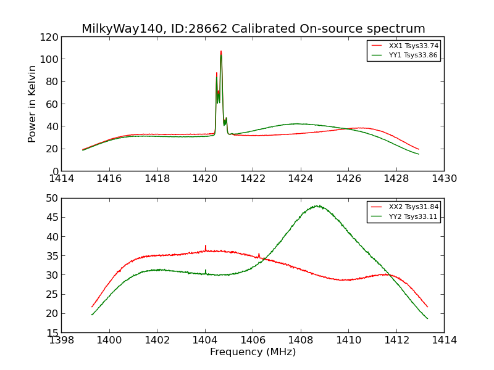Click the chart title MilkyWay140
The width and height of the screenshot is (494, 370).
pyautogui.click(x=253, y=29)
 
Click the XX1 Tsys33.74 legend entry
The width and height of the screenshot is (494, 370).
pyautogui.click(x=413, y=46)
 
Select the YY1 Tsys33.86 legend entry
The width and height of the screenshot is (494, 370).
pyautogui.click(x=413, y=55)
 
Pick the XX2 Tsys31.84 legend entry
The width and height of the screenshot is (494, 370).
pyautogui.click(x=413, y=207)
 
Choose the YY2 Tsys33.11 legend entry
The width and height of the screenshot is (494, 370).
pyautogui.click(x=413, y=216)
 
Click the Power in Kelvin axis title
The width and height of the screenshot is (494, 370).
pyautogui.click(x=32, y=104)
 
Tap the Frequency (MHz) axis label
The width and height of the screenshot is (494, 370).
pyautogui.click(x=253, y=352)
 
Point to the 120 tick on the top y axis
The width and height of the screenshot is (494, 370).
pyautogui.click(x=49, y=37)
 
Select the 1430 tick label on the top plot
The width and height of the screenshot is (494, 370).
pyautogui.click(x=444, y=179)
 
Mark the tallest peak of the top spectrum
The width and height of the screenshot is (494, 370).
pyautogui.click(x=221, y=52)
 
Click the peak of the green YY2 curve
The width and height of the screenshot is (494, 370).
pyautogui.click(x=318, y=206)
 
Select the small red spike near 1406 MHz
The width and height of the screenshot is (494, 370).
pyautogui.click(x=259, y=253)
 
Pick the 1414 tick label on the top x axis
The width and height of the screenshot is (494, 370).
pyautogui.click(x=61, y=179)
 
